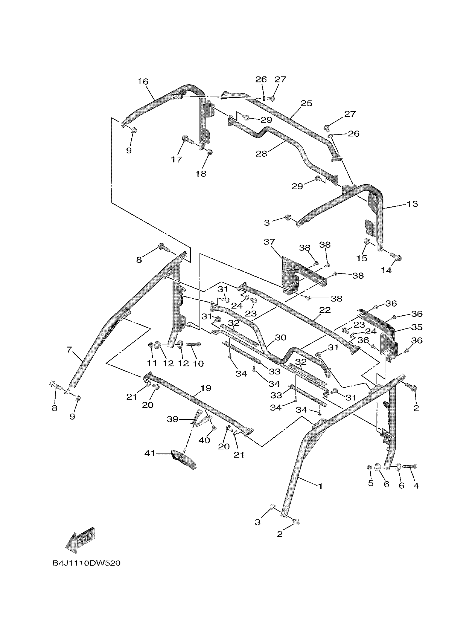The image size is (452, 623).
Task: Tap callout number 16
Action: click(143, 82)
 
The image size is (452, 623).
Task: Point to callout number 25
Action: click(307, 103)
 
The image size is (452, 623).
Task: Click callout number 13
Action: click(412, 204)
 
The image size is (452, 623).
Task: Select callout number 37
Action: click(269, 242)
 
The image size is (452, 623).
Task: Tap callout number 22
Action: click(325, 310)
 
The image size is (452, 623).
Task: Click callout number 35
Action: click(417, 327)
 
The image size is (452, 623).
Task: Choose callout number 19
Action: click(206, 388)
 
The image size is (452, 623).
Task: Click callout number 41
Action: click(150, 453)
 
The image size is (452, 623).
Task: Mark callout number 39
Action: click(173, 419)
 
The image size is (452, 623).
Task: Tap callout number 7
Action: click(69, 350)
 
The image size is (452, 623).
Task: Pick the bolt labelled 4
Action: click(411, 466)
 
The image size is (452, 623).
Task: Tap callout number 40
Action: click(204, 440)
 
